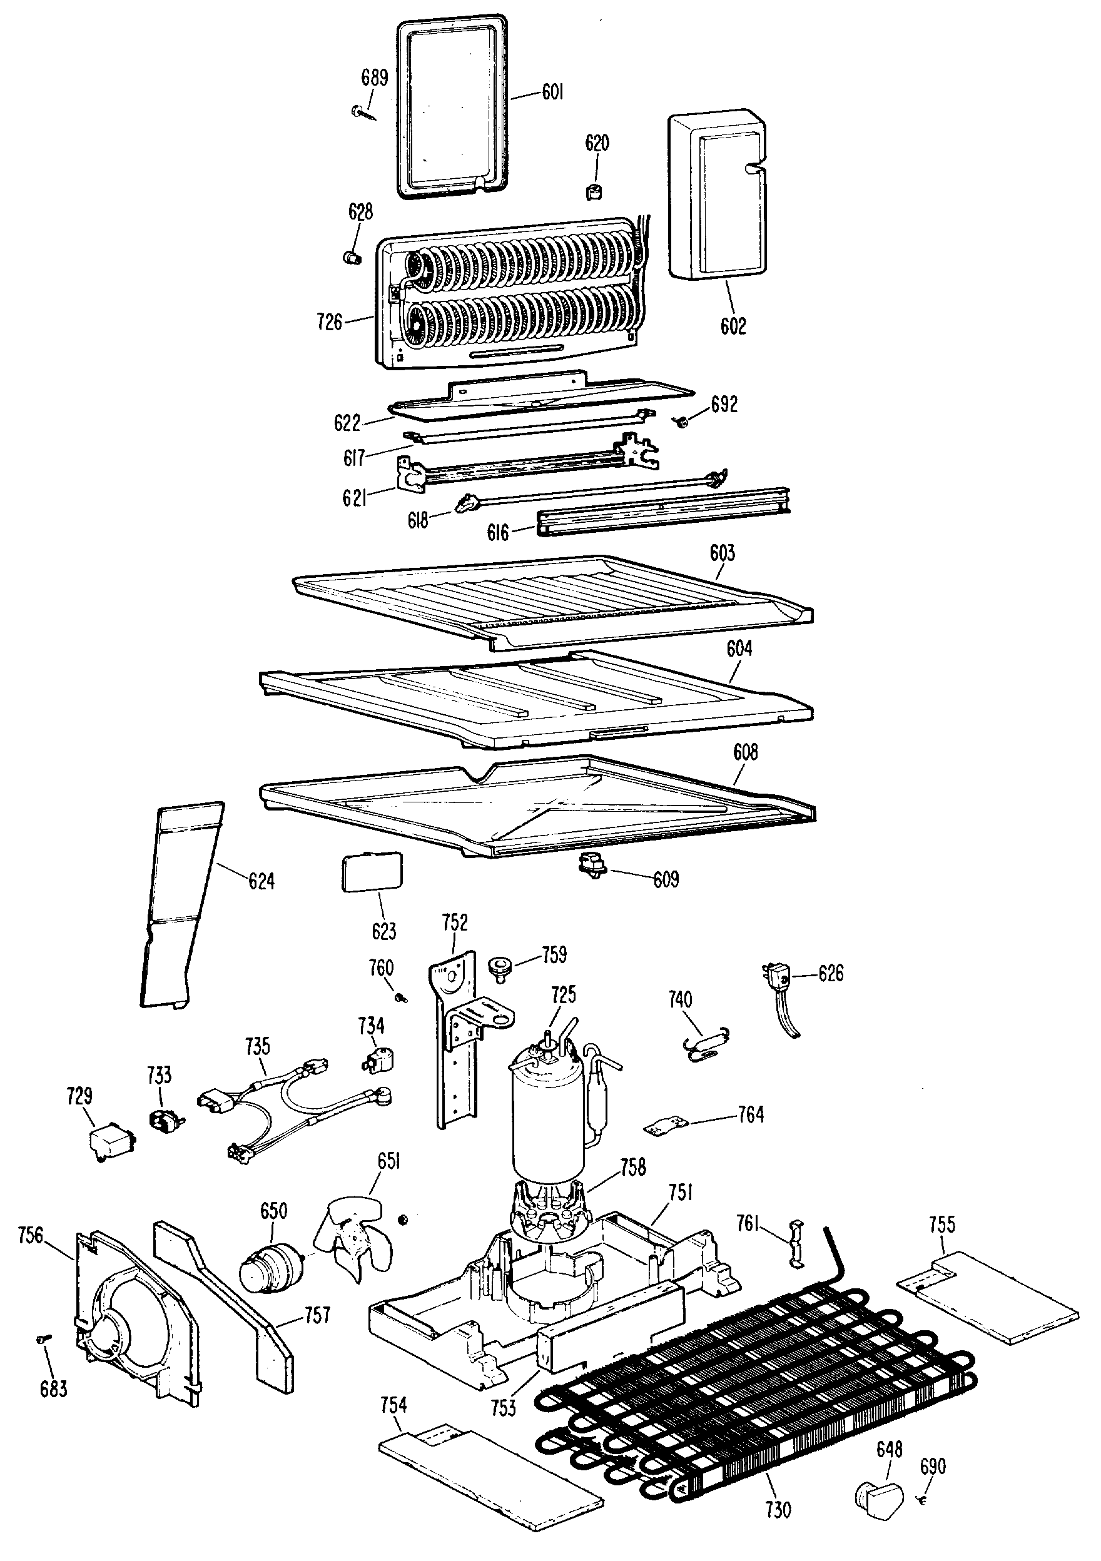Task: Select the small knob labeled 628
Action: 351,257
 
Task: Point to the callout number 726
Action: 329,321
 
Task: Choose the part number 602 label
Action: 733,326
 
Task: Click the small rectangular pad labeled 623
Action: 372,872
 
